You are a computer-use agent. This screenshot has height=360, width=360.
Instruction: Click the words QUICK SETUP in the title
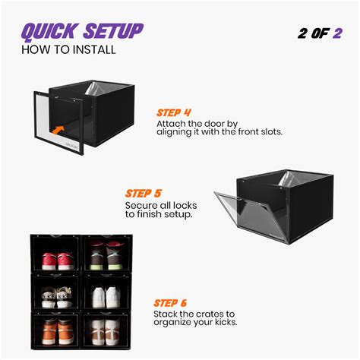click(81, 32)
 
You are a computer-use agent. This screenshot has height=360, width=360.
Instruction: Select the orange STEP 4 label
click(174, 112)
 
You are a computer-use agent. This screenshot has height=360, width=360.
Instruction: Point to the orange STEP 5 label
click(143, 194)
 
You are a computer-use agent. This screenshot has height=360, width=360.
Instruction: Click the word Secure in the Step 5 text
click(142, 205)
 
